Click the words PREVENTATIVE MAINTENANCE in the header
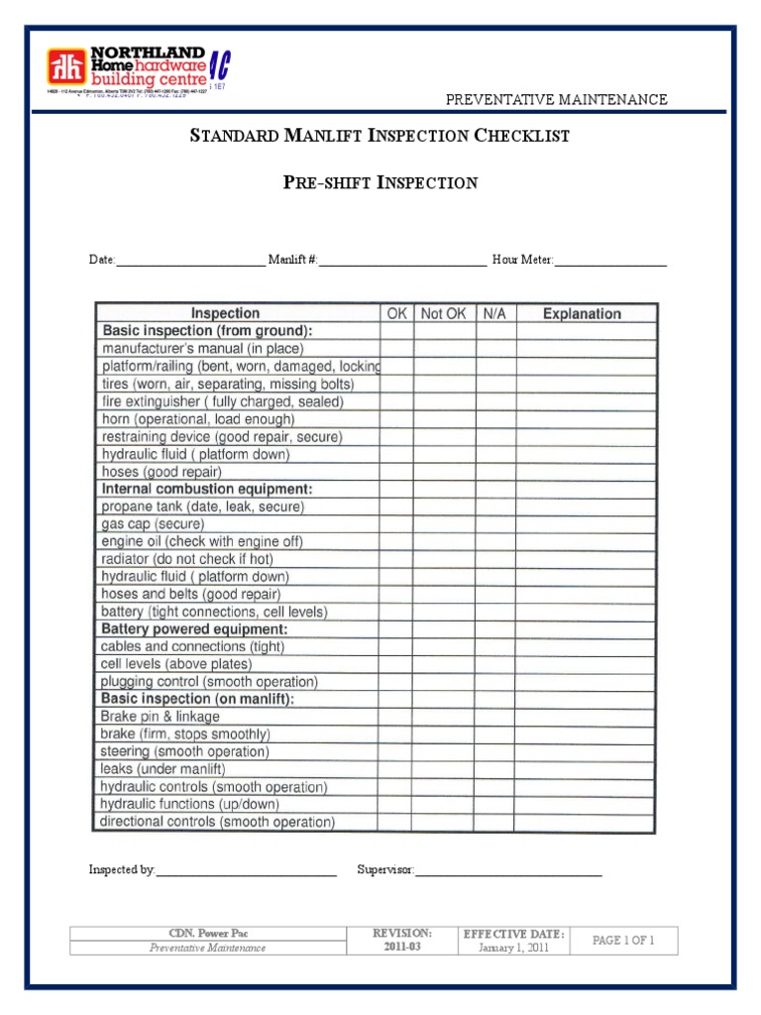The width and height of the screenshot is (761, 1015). tap(556, 99)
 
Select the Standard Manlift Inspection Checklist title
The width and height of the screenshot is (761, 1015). tap(380, 136)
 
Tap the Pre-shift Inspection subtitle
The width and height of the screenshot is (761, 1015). tap(380, 182)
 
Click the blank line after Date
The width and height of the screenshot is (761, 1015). tap(191, 262)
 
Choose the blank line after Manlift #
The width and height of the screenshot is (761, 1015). tap(402, 262)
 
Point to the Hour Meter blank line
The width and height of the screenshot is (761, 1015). tap(610, 262)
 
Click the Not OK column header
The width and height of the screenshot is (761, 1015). tap(443, 313)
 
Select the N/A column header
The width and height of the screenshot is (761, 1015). tap(494, 313)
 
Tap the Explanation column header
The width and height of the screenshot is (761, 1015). tap(583, 313)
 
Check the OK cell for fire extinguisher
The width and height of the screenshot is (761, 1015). tap(396, 401)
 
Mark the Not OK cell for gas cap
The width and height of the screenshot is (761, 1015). tap(443, 523)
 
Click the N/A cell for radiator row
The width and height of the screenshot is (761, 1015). tap(494, 559)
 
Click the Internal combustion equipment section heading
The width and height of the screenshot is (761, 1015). tap(207, 489)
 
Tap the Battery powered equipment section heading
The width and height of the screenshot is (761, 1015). tap(195, 629)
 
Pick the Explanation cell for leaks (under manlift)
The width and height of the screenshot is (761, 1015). tap(585, 769)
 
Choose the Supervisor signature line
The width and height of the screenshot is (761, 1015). tap(508, 871)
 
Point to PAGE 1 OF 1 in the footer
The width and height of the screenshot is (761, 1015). tap(623, 941)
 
